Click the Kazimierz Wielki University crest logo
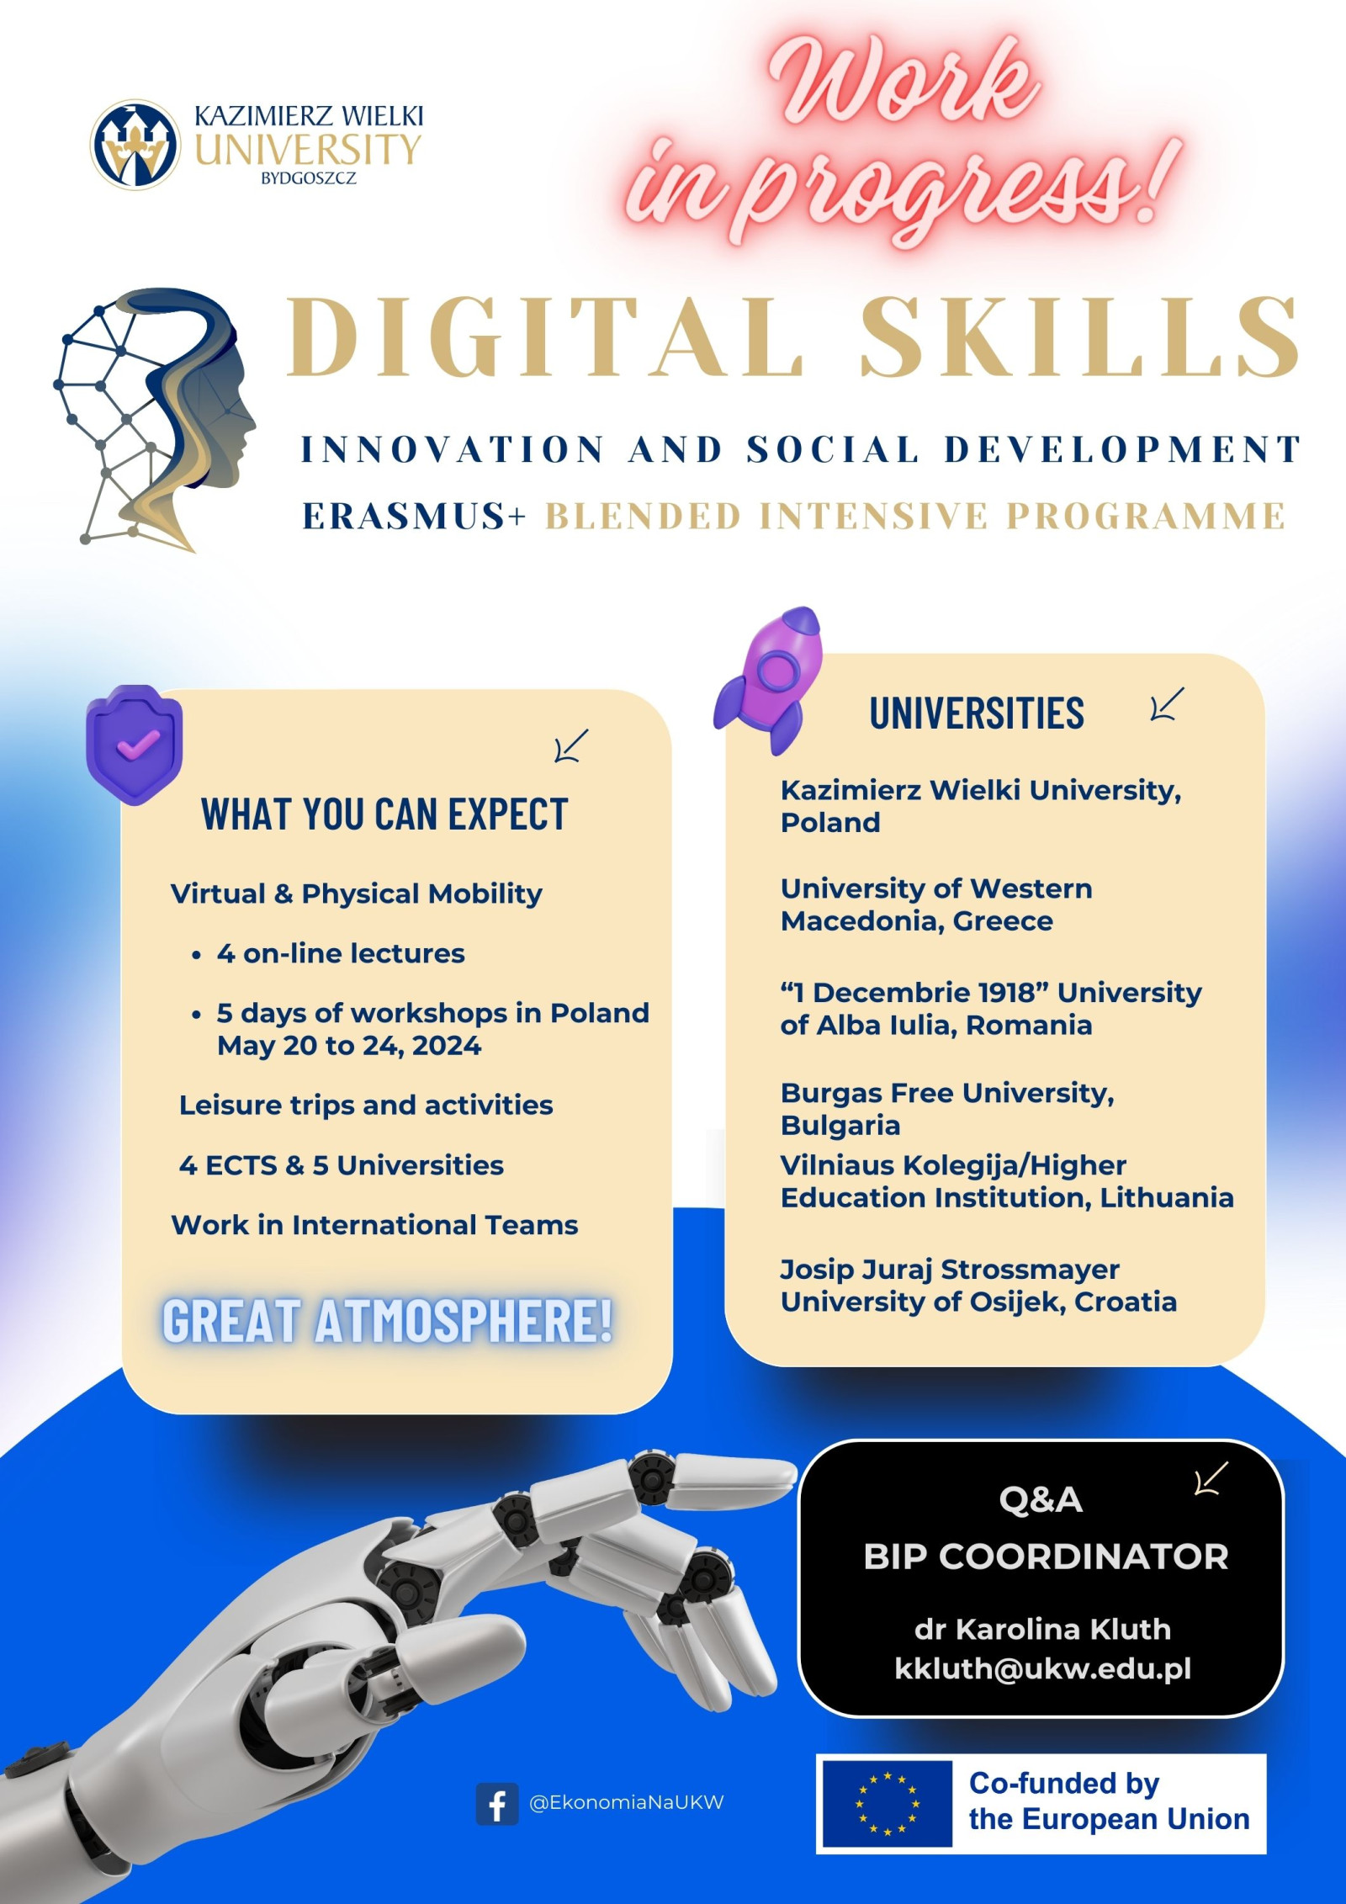(x=135, y=144)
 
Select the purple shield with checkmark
(x=135, y=745)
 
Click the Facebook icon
(x=497, y=1804)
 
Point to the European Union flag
(x=887, y=1804)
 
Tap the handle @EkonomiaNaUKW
(x=626, y=1803)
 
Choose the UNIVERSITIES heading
(x=977, y=713)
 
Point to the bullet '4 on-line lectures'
(x=341, y=953)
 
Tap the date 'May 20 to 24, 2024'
(x=349, y=1046)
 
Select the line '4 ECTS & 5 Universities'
(x=342, y=1165)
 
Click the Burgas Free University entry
(x=947, y=1109)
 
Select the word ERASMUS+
(x=414, y=516)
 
